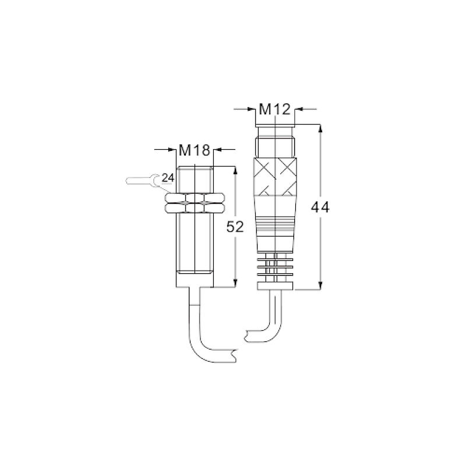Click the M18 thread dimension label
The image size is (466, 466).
pos(194,150)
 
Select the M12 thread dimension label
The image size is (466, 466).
pos(275,108)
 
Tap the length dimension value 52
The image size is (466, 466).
pos(235,227)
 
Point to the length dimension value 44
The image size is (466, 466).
pos(320,207)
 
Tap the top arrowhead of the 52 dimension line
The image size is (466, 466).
pos(235,170)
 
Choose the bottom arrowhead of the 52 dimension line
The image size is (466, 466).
pos(235,283)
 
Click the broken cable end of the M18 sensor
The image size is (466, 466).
pos(234,354)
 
